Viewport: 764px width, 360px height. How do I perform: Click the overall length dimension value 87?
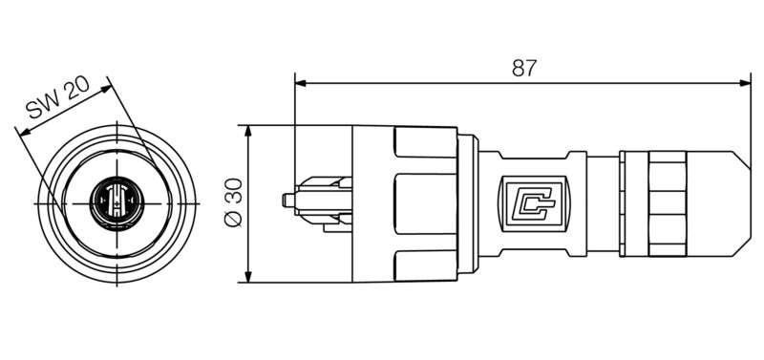(x=523, y=68)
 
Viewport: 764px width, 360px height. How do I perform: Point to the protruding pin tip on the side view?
(x=286, y=201)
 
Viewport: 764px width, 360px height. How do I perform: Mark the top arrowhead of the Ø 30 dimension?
(x=248, y=131)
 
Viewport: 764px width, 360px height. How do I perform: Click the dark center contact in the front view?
(x=114, y=203)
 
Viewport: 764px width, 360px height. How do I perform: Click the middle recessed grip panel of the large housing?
(x=420, y=203)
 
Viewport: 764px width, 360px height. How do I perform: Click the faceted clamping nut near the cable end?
(x=667, y=202)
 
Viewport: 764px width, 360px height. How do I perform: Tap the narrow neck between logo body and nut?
(x=592, y=202)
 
